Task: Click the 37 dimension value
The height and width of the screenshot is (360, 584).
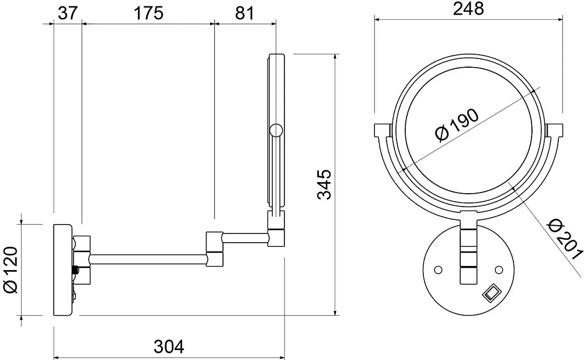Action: coord(67,13)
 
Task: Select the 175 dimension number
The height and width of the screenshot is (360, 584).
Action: coord(148,13)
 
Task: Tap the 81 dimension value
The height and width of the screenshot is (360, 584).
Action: coord(245,13)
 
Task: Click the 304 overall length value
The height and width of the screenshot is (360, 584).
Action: coord(169,347)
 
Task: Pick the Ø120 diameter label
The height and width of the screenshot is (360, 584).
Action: coord(11,270)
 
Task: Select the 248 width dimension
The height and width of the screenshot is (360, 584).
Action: coord(468,9)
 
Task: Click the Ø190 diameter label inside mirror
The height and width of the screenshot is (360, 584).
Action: coord(457,125)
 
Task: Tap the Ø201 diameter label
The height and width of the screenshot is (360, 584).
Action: coord(564,239)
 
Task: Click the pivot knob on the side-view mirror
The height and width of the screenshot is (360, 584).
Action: coord(276,131)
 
